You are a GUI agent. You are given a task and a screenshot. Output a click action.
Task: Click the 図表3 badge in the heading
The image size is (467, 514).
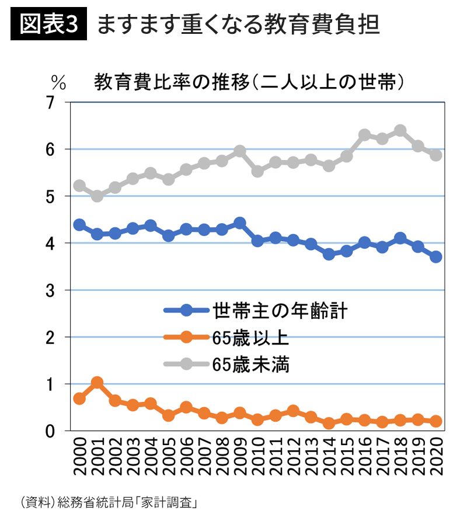coord(48,25)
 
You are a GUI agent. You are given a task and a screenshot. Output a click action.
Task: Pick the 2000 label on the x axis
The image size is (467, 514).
coord(79,461)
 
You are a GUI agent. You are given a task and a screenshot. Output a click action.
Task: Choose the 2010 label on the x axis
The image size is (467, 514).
coord(257,461)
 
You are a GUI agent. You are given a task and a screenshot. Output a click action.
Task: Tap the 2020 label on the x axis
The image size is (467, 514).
coord(435,461)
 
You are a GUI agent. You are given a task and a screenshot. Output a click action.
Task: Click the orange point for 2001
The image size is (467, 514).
coord(97,383)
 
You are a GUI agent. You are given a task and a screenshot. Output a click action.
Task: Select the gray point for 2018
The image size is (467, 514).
coord(400,130)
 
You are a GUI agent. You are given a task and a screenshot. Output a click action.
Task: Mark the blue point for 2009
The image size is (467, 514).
coord(239,223)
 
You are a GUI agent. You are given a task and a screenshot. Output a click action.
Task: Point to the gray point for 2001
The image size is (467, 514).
coord(97,196)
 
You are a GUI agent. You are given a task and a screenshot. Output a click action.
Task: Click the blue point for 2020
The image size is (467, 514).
coord(435,257)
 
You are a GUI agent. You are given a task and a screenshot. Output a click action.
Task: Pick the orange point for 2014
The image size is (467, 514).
coord(329,423)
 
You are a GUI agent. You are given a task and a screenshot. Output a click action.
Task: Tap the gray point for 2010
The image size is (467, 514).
coord(257,172)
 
